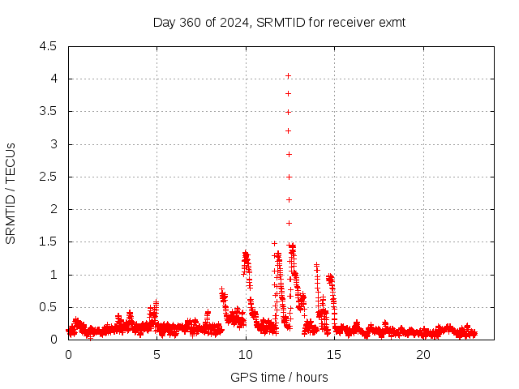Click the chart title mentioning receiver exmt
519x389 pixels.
click(279, 23)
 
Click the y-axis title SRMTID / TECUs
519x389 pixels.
click(11, 193)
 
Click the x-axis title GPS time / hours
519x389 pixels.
click(279, 377)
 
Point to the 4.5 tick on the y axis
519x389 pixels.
click(49, 46)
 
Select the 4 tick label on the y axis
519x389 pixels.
click(54, 79)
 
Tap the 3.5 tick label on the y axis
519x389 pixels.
click(49, 112)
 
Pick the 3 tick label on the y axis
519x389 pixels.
click(54, 144)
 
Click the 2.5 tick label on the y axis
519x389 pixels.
click(49, 177)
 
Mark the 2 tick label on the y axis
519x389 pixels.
click(54, 209)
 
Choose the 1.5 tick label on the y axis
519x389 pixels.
click(49, 242)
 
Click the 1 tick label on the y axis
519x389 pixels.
click(54, 275)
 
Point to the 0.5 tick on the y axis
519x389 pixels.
click(49, 307)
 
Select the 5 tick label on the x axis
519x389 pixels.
click(157, 355)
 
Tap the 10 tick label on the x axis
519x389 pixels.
click(246, 355)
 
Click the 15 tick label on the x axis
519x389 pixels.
click(334, 355)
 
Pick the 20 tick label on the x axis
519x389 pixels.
click(423, 355)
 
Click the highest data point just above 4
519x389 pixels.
click(289, 76)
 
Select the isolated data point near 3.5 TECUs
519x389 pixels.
click(289, 112)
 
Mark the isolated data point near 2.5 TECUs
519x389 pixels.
click(289, 177)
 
